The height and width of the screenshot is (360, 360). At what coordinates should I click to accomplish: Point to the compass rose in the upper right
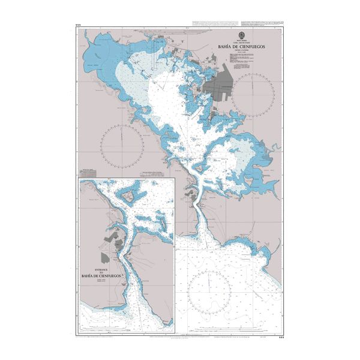[x=253, y=92]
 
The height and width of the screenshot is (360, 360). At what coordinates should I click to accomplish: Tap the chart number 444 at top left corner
[x=78, y=25]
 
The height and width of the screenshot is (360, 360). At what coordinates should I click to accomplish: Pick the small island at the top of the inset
[x=129, y=195]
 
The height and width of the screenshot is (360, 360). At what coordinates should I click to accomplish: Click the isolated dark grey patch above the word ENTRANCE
[x=106, y=257]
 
